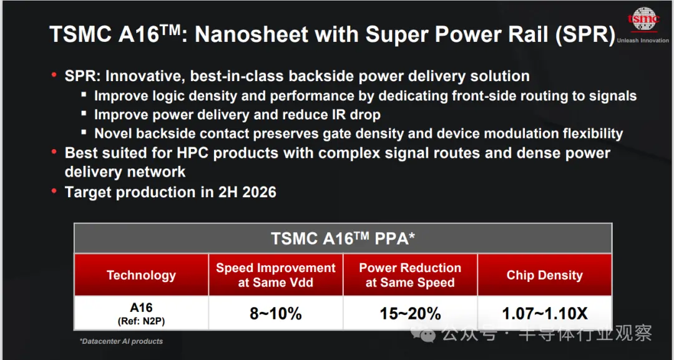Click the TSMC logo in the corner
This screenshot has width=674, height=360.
coord(643,19)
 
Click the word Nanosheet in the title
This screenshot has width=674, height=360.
coord(251,34)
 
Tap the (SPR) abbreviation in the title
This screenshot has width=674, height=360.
coord(585,35)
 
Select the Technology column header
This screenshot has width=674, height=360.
coord(141,275)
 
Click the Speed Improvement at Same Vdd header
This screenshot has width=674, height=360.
coord(276,275)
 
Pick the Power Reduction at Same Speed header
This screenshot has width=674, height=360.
coord(410,275)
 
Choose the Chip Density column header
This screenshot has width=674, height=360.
coord(545,275)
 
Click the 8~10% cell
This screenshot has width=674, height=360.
coord(276,314)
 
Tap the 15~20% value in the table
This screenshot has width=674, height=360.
coord(410,314)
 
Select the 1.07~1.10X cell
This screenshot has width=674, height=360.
coord(545,314)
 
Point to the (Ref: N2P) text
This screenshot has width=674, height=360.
coord(141,321)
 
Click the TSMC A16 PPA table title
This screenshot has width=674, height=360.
coord(343,238)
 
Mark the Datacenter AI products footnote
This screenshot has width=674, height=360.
coord(121,341)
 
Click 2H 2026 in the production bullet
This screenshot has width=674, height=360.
coord(247,192)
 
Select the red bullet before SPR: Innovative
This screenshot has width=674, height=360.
coord(54,75)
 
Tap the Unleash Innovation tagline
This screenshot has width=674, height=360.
coord(643,41)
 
